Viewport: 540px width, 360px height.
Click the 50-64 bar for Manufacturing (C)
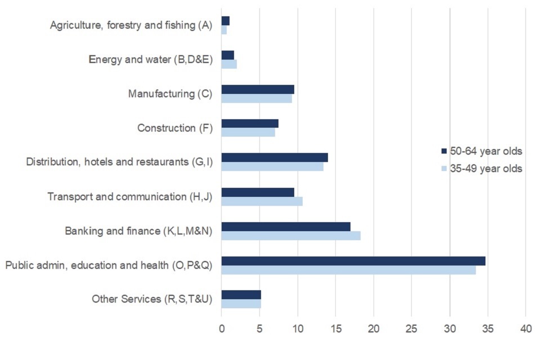pyautogui.click(x=258, y=89)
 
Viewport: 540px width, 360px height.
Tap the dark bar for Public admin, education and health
pyautogui.click(x=353, y=261)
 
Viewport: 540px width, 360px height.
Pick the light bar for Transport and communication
pyautogui.click(x=262, y=201)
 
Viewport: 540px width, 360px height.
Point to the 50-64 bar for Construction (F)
pyautogui.click(x=250, y=124)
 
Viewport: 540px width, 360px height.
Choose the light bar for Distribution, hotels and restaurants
pyautogui.click(x=272, y=167)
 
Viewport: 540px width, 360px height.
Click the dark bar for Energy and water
pyautogui.click(x=228, y=55)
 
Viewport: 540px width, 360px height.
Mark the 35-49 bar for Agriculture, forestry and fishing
pyautogui.click(x=224, y=30)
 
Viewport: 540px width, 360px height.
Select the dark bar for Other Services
pyautogui.click(x=241, y=295)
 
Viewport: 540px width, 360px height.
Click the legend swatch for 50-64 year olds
pyautogui.click(x=444, y=151)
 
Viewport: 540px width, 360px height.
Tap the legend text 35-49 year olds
pyautogui.click(x=487, y=168)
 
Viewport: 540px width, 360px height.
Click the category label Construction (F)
pyautogui.click(x=175, y=128)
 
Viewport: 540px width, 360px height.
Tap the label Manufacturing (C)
pyautogui.click(x=170, y=94)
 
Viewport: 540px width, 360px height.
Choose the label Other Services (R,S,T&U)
pyautogui.click(x=152, y=299)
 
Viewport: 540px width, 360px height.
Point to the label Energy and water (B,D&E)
pyautogui.click(x=151, y=60)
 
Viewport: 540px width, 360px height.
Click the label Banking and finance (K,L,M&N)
pyautogui.click(x=138, y=231)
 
